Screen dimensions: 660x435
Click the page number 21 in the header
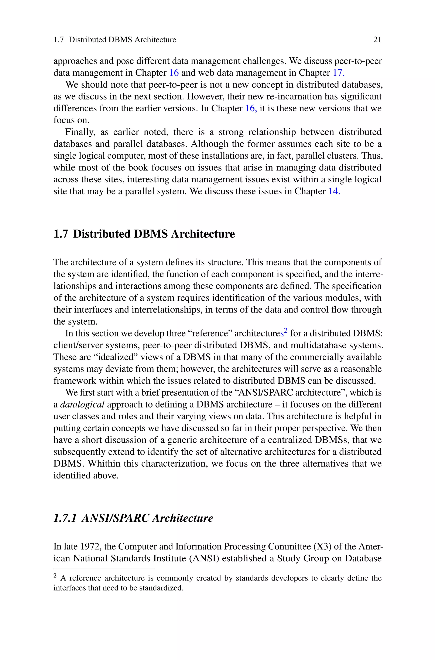click(377, 40)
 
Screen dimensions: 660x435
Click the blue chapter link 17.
click(338, 73)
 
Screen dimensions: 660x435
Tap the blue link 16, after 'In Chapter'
click(251, 108)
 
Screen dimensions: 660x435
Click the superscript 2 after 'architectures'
click(286, 331)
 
